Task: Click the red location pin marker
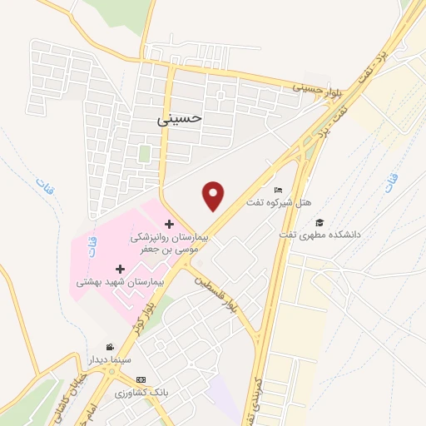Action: (215, 196)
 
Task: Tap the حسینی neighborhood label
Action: (180, 119)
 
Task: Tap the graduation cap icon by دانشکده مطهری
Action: (319, 222)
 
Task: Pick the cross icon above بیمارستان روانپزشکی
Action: (169, 224)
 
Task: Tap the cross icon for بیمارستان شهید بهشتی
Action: (121, 270)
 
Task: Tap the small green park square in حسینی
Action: (145, 155)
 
